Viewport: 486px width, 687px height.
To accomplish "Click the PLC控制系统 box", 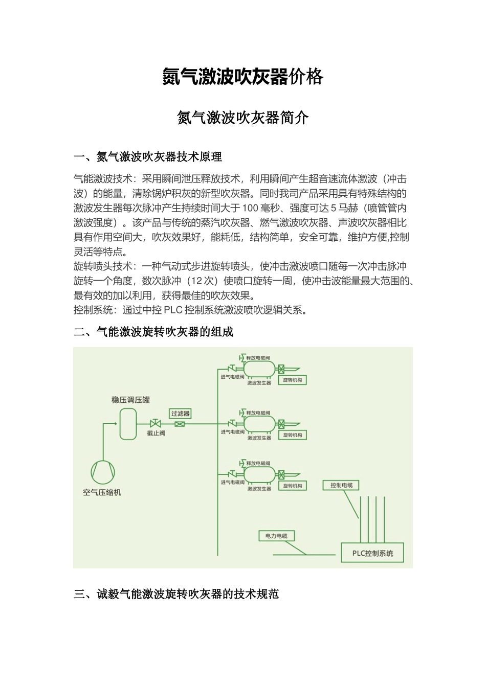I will pos(372,553).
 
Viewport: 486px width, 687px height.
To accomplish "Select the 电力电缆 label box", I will pos(276,536).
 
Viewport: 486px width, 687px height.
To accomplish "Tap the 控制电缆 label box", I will pos(341,485).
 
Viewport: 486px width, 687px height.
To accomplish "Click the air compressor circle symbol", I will pos(102,472).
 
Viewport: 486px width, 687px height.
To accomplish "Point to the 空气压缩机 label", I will pos(102,493).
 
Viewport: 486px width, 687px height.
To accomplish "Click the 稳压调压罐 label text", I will pos(131,400).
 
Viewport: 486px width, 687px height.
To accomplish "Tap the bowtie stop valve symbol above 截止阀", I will pos(155,424).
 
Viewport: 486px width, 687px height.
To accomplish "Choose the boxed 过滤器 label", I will pos(180,413).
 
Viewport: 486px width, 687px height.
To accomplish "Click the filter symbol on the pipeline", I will pos(180,424).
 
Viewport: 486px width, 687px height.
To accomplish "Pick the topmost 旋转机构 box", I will pos(293,380).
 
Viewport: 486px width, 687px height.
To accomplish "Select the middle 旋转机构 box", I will pos(293,435).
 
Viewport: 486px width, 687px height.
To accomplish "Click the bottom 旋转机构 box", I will pos(293,486).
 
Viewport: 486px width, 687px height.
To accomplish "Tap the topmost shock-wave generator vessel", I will pos(259,369).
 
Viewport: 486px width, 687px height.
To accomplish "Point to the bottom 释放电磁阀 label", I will pos(258,463).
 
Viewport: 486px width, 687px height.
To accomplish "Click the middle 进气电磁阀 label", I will pos(233,432).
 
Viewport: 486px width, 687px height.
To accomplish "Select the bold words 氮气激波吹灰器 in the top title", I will pos(225,77).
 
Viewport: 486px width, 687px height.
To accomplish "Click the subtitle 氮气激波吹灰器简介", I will pos(242,118).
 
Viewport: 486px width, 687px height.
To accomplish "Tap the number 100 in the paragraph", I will pos(250,208).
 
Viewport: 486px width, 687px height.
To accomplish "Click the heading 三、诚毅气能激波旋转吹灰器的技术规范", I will pos(176,594).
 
